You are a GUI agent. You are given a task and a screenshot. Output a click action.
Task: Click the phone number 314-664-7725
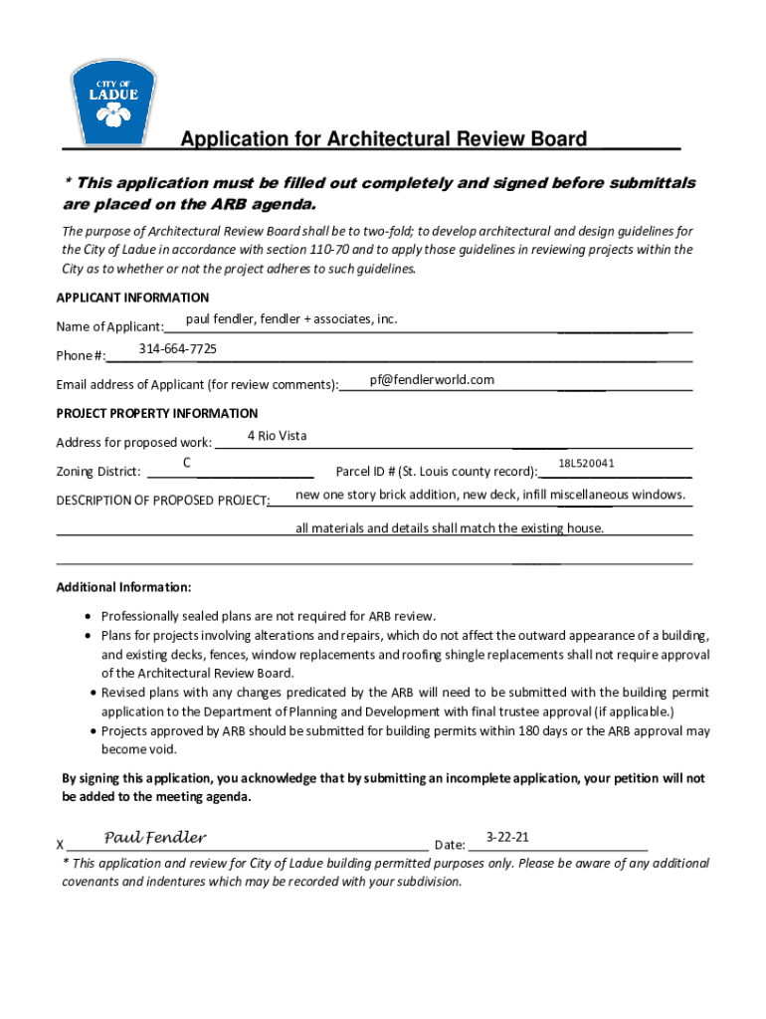(178, 349)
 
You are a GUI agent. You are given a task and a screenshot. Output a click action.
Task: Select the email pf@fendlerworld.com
(432, 380)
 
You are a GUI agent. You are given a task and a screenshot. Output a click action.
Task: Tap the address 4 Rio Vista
(277, 436)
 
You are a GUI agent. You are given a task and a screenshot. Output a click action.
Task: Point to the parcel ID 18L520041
(586, 464)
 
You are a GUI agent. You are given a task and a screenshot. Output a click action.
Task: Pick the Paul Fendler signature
(155, 837)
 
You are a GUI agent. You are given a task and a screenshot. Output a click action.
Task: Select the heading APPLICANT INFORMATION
(132, 298)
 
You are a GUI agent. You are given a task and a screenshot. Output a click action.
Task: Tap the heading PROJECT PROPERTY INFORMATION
(157, 413)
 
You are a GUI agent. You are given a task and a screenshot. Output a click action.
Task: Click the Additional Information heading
(123, 587)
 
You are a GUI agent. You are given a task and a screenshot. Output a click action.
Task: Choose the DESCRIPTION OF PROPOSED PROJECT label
(162, 500)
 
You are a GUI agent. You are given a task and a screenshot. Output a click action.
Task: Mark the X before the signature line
(61, 846)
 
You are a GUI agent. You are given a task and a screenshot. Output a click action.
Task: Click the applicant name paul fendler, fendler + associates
(291, 318)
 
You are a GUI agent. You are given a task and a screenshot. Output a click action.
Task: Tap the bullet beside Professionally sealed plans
(91, 617)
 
